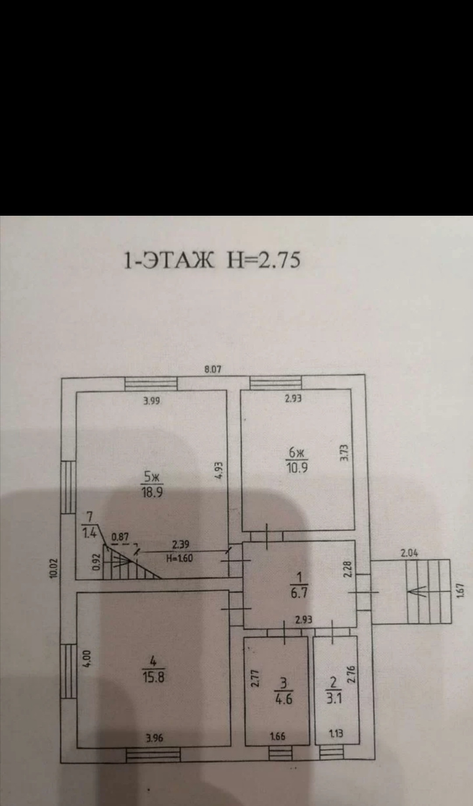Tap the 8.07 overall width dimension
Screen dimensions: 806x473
[213, 370]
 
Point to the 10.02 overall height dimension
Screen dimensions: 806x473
[53, 569]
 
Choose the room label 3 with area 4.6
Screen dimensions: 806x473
[284, 692]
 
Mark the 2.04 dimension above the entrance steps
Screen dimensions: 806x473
[409, 553]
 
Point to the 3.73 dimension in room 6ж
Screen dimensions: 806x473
[344, 453]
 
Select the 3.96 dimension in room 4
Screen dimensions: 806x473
[154, 738]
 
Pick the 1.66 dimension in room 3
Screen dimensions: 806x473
[278, 736]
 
